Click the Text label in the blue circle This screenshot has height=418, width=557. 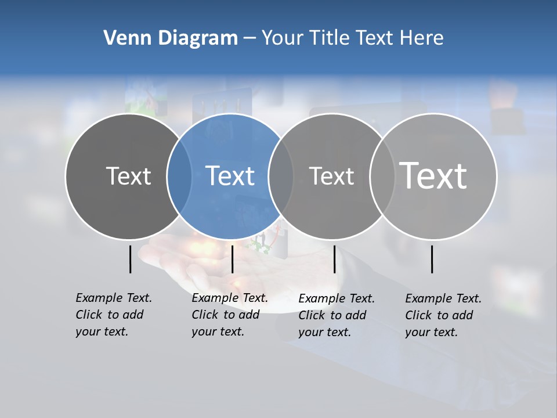pyautogui.click(x=230, y=176)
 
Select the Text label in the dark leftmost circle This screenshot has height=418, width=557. pyautogui.click(x=128, y=176)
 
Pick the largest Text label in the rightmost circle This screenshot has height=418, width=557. pyautogui.click(x=433, y=175)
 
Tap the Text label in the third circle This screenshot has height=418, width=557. pyautogui.click(x=331, y=176)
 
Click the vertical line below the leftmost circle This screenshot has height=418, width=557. pyautogui.click(x=130, y=259)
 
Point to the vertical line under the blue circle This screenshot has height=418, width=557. pyautogui.click(x=232, y=259)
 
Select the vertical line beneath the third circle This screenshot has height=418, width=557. pyautogui.click(x=334, y=259)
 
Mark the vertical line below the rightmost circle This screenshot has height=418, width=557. pyautogui.click(x=432, y=259)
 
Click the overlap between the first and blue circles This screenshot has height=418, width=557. pyautogui.click(x=179, y=176)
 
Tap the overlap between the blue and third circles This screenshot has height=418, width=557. pyautogui.click(x=281, y=176)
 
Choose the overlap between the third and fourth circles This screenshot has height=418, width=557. pyautogui.click(x=382, y=176)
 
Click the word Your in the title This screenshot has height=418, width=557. pyautogui.click(x=283, y=38)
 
